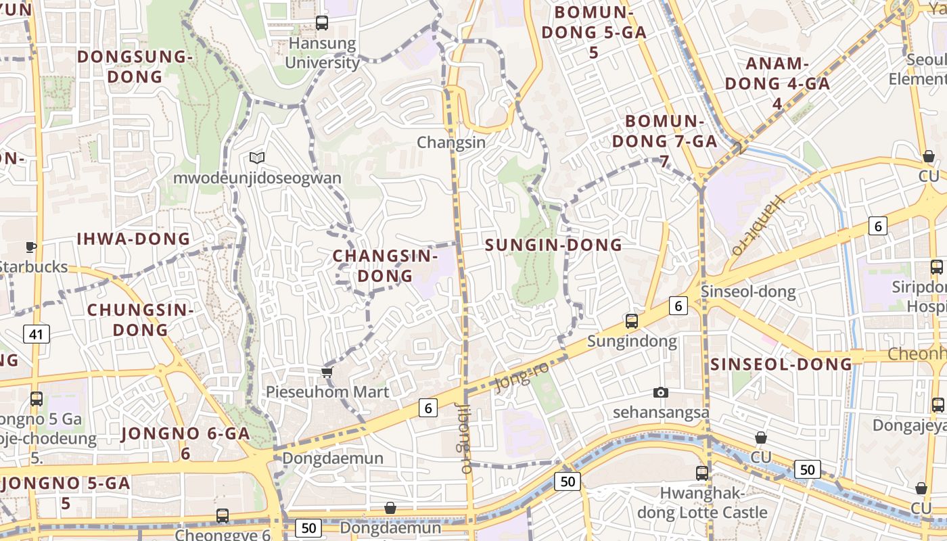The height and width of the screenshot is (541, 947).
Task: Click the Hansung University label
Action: tap(322, 53)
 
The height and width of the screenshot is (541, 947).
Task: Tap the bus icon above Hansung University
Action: tap(322, 23)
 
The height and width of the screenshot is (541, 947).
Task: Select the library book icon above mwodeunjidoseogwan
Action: tap(256, 158)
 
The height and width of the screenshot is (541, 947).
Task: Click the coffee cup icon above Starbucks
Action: tap(30, 247)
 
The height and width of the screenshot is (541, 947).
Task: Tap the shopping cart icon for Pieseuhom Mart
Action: tap(327, 372)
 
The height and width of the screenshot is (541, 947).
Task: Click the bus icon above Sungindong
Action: tap(632, 321)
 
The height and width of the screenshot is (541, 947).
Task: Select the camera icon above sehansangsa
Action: tap(661, 392)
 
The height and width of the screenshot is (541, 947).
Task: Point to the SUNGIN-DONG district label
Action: tap(554, 245)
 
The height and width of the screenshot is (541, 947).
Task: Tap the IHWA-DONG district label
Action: tap(133, 239)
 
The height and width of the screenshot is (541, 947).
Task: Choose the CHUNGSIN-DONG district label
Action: tap(141, 320)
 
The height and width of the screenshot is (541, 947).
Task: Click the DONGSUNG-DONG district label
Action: tap(135, 66)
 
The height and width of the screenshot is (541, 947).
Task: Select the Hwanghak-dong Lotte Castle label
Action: tap(702, 502)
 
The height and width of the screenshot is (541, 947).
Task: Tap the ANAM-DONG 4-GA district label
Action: tap(777, 83)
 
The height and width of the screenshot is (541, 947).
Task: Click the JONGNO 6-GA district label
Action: tap(185, 443)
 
